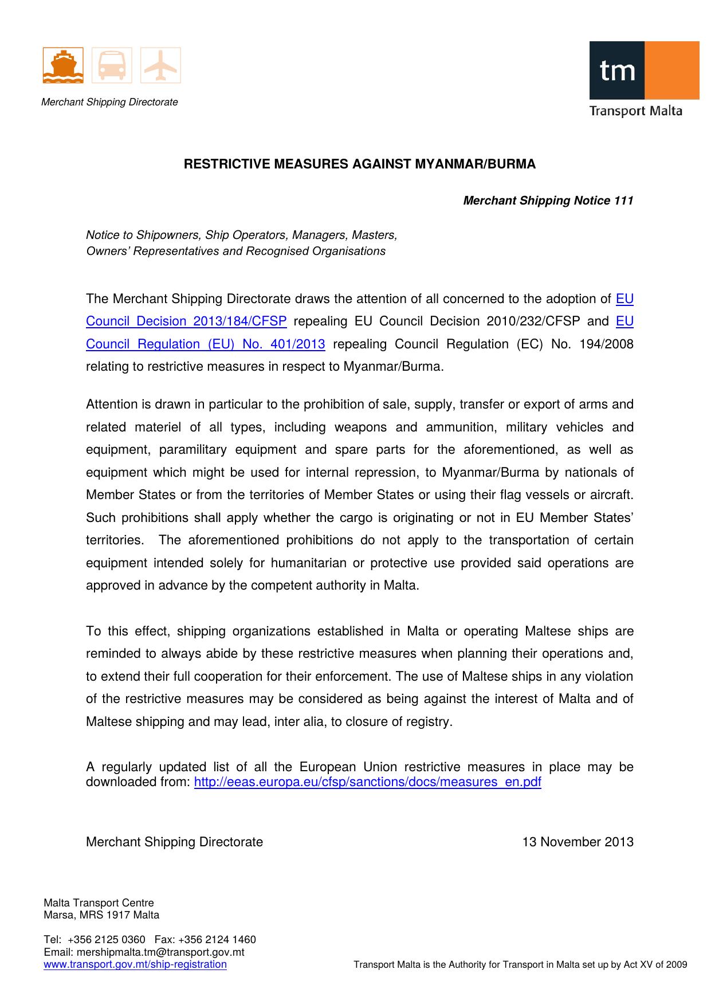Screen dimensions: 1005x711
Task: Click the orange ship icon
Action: click(63, 66)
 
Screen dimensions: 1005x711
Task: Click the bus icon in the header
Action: click(112, 66)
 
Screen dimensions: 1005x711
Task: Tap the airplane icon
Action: click(160, 66)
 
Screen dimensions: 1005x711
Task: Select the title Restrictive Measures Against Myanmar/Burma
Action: click(359, 164)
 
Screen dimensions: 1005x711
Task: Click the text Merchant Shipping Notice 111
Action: click(548, 201)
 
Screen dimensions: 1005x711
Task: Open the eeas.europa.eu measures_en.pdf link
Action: click(367, 783)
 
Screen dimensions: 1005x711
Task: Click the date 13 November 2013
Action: click(578, 842)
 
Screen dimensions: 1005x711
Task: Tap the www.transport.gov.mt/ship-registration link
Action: click(135, 964)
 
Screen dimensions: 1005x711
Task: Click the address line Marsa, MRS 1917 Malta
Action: click(101, 915)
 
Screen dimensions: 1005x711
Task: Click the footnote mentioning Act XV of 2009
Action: click(520, 965)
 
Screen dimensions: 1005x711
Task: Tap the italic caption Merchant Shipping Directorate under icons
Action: click(109, 103)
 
